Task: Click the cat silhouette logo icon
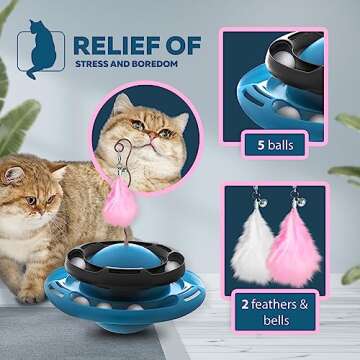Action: coord(41,53)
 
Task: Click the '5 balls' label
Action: coord(276,145)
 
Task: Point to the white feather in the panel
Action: coord(251,245)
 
